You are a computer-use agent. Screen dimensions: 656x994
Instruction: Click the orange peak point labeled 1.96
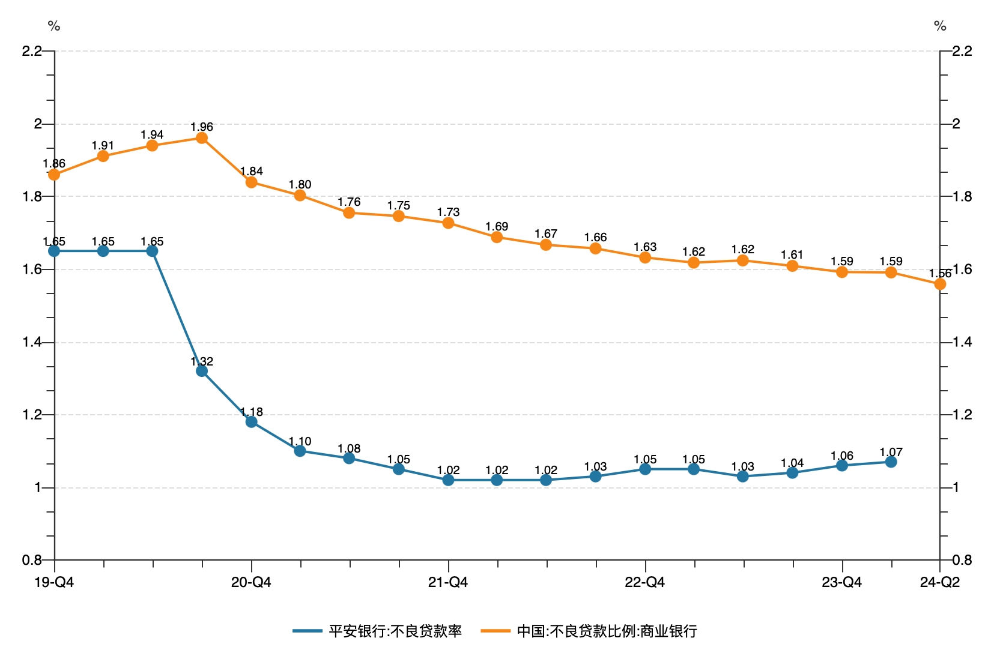click(202, 138)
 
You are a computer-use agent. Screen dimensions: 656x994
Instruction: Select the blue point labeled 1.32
click(202, 371)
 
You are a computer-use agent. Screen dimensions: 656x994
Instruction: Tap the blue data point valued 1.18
click(252, 422)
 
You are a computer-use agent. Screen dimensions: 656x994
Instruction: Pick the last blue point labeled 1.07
click(891, 462)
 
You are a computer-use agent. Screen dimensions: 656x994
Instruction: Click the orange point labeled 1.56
click(940, 284)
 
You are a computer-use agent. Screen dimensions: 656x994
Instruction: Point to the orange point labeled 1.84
click(252, 182)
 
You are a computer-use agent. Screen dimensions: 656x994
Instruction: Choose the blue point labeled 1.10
click(300, 451)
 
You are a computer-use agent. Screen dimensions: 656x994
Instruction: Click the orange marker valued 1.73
click(448, 223)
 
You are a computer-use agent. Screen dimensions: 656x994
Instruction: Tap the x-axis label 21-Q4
click(448, 582)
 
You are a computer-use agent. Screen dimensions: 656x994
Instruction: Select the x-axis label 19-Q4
click(54, 582)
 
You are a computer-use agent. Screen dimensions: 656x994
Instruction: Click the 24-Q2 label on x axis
click(940, 582)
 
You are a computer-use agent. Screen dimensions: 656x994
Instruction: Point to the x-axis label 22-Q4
click(645, 582)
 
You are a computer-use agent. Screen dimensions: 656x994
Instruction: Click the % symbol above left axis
click(54, 26)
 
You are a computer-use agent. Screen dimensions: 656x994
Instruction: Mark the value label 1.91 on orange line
click(103, 145)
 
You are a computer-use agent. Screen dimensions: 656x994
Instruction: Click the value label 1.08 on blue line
click(349, 448)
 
